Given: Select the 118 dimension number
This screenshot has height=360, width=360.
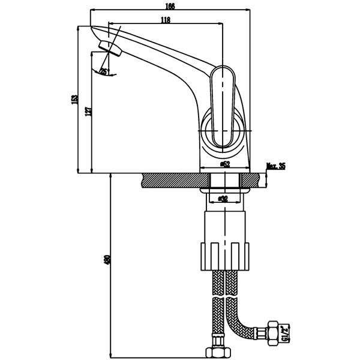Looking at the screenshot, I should coord(166,20).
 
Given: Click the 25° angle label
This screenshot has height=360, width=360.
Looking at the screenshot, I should coord(104,72).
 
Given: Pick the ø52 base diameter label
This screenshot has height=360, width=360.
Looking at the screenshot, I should coord(225,163).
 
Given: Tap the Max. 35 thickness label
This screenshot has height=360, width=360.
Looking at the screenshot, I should coord(275,167).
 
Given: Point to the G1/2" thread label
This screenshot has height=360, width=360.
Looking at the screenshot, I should coord(286,331).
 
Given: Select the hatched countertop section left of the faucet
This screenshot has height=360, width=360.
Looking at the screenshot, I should coord(171,180).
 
